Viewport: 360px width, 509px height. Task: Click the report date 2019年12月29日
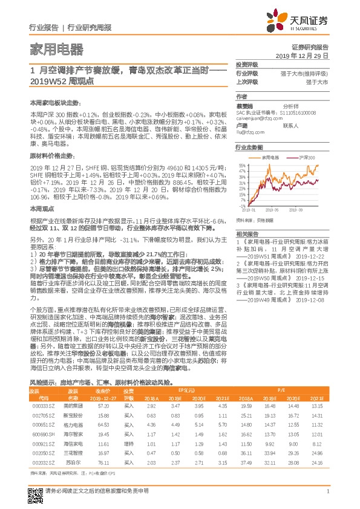tap(306, 54)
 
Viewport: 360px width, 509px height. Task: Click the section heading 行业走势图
tap(248, 147)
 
